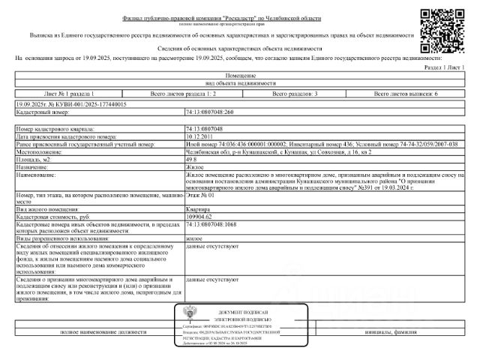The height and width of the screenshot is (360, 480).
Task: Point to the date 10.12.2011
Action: tap(200, 136)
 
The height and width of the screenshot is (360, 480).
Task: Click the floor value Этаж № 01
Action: tap(199, 195)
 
